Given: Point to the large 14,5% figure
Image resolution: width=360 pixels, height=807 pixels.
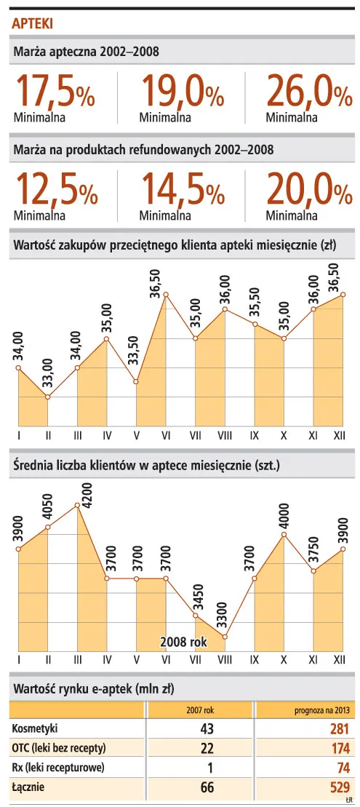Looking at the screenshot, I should [182, 191].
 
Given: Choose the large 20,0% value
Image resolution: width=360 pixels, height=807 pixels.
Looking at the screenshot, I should [308, 191].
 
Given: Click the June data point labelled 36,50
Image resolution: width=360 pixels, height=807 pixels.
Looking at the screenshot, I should [166, 295].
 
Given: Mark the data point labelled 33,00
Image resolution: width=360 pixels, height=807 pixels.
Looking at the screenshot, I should [47, 397].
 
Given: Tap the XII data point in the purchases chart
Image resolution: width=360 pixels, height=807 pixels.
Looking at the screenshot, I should [343, 295].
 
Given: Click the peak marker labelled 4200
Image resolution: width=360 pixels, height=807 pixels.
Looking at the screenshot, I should [77, 505].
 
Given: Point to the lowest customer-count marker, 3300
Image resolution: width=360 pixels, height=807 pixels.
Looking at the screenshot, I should [225, 637].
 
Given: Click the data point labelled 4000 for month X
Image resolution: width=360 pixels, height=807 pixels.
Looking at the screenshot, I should [284, 535].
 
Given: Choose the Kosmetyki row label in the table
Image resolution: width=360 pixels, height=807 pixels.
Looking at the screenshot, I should [34, 728].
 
